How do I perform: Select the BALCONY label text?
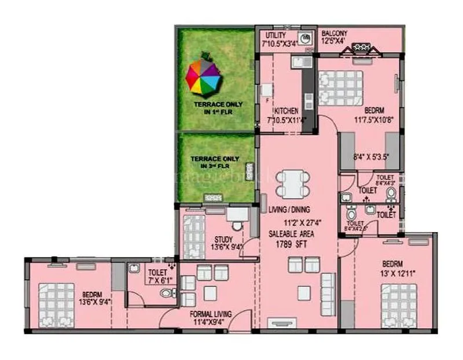[x=335, y=33]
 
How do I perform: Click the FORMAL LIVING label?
[x=211, y=314]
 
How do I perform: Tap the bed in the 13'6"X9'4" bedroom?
[x=57, y=306]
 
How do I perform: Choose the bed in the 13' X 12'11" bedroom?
[x=399, y=306]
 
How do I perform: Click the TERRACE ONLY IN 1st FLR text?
[x=218, y=108]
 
